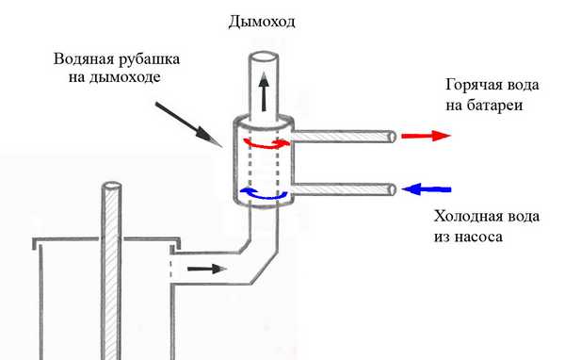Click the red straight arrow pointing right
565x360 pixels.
(426, 136)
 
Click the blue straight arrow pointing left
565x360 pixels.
(427, 189)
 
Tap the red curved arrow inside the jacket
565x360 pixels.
(265, 142)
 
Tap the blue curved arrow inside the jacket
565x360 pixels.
(263, 193)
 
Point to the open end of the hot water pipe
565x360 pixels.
(389, 138)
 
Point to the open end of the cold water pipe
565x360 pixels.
(389, 191)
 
